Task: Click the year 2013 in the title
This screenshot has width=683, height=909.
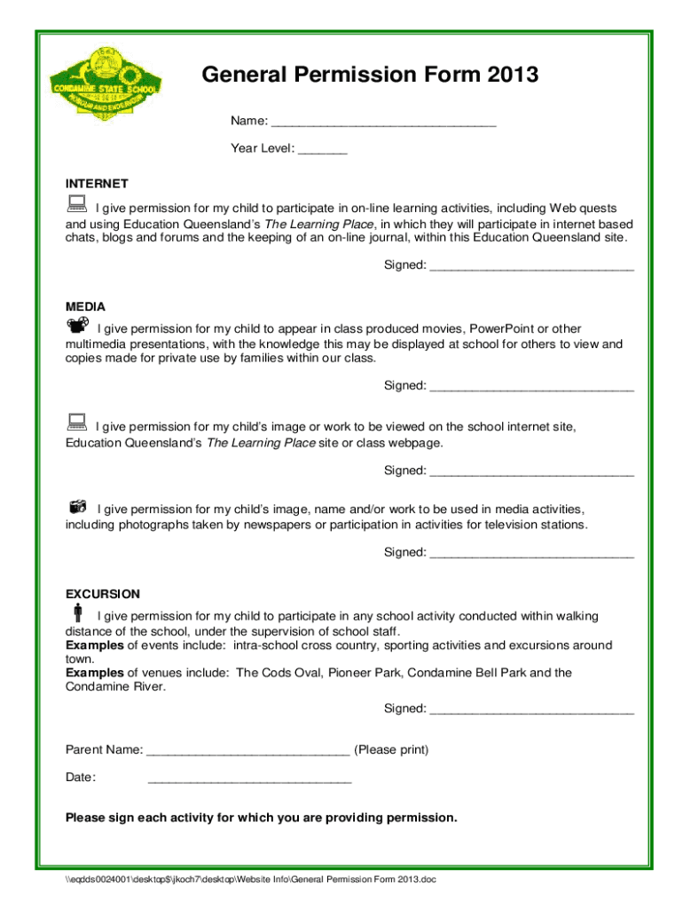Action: click(x=513, y=75)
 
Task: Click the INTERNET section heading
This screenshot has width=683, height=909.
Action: click(x=97, y=184)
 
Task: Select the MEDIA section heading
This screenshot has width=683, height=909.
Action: click(x=85, y=306)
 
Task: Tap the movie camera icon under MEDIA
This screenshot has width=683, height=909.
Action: click(x=77, y=326)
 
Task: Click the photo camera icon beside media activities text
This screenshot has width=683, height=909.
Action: click(x=78, y=507)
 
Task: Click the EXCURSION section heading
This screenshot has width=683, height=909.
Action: click(x=103, y=594)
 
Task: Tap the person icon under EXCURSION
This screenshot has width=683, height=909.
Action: click(x=77, y=613)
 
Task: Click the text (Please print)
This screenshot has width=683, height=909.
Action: click(x=391, y=750)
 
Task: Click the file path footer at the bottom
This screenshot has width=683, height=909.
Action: click(x=251, y=880)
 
